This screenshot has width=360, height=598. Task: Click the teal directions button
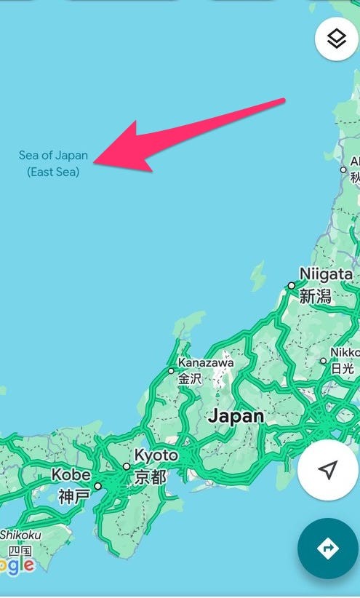pos(327,549)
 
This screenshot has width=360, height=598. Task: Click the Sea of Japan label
pos(53,155)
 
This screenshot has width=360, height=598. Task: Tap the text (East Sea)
pos(53,172)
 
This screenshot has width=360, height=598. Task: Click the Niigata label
pos(326,275)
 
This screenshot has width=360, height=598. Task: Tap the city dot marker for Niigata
pos(291,286)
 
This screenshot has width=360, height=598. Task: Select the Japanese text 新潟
pos(315,296)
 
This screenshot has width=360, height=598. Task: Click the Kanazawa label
pos(206,362)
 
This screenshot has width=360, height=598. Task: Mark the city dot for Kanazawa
pos(172,371)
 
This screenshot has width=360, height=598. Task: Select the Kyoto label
pos(156,455)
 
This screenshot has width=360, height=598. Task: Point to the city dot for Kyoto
pos(127,466)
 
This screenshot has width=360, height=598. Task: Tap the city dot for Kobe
pos(97,486)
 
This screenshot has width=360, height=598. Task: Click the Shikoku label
pos(20,535)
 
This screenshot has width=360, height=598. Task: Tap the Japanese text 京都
pos(150,477)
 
